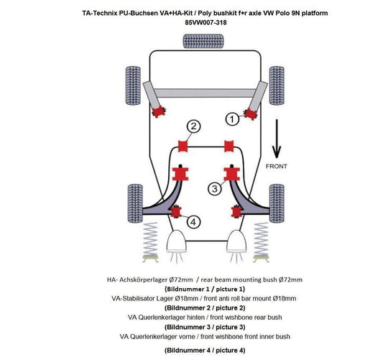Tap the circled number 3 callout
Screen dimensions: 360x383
pyautogui.click(x=214, y=188)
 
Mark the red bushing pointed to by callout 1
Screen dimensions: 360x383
pyautogui.click(x=252, y=111)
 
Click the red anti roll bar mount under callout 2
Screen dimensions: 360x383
pyautogui.click(x=183, y=147)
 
